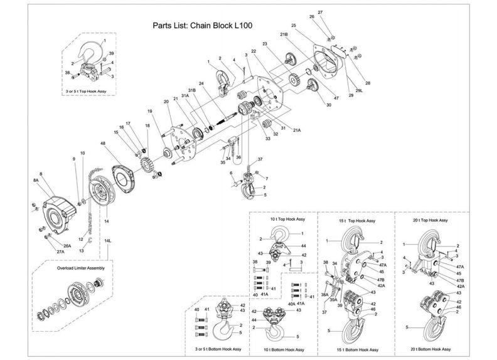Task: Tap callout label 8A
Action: pyautogui.click(x=37, y=179)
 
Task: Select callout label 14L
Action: pyautogui.click(x=107, y=241)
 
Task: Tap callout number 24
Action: pyautogui.click(x=202, y=83)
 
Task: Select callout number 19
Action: pyautogui.click(x=150, y=112)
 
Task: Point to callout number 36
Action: pyautogui.click(x=238, y=157)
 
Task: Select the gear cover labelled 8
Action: pyautogui.click(x=58, y=206)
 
